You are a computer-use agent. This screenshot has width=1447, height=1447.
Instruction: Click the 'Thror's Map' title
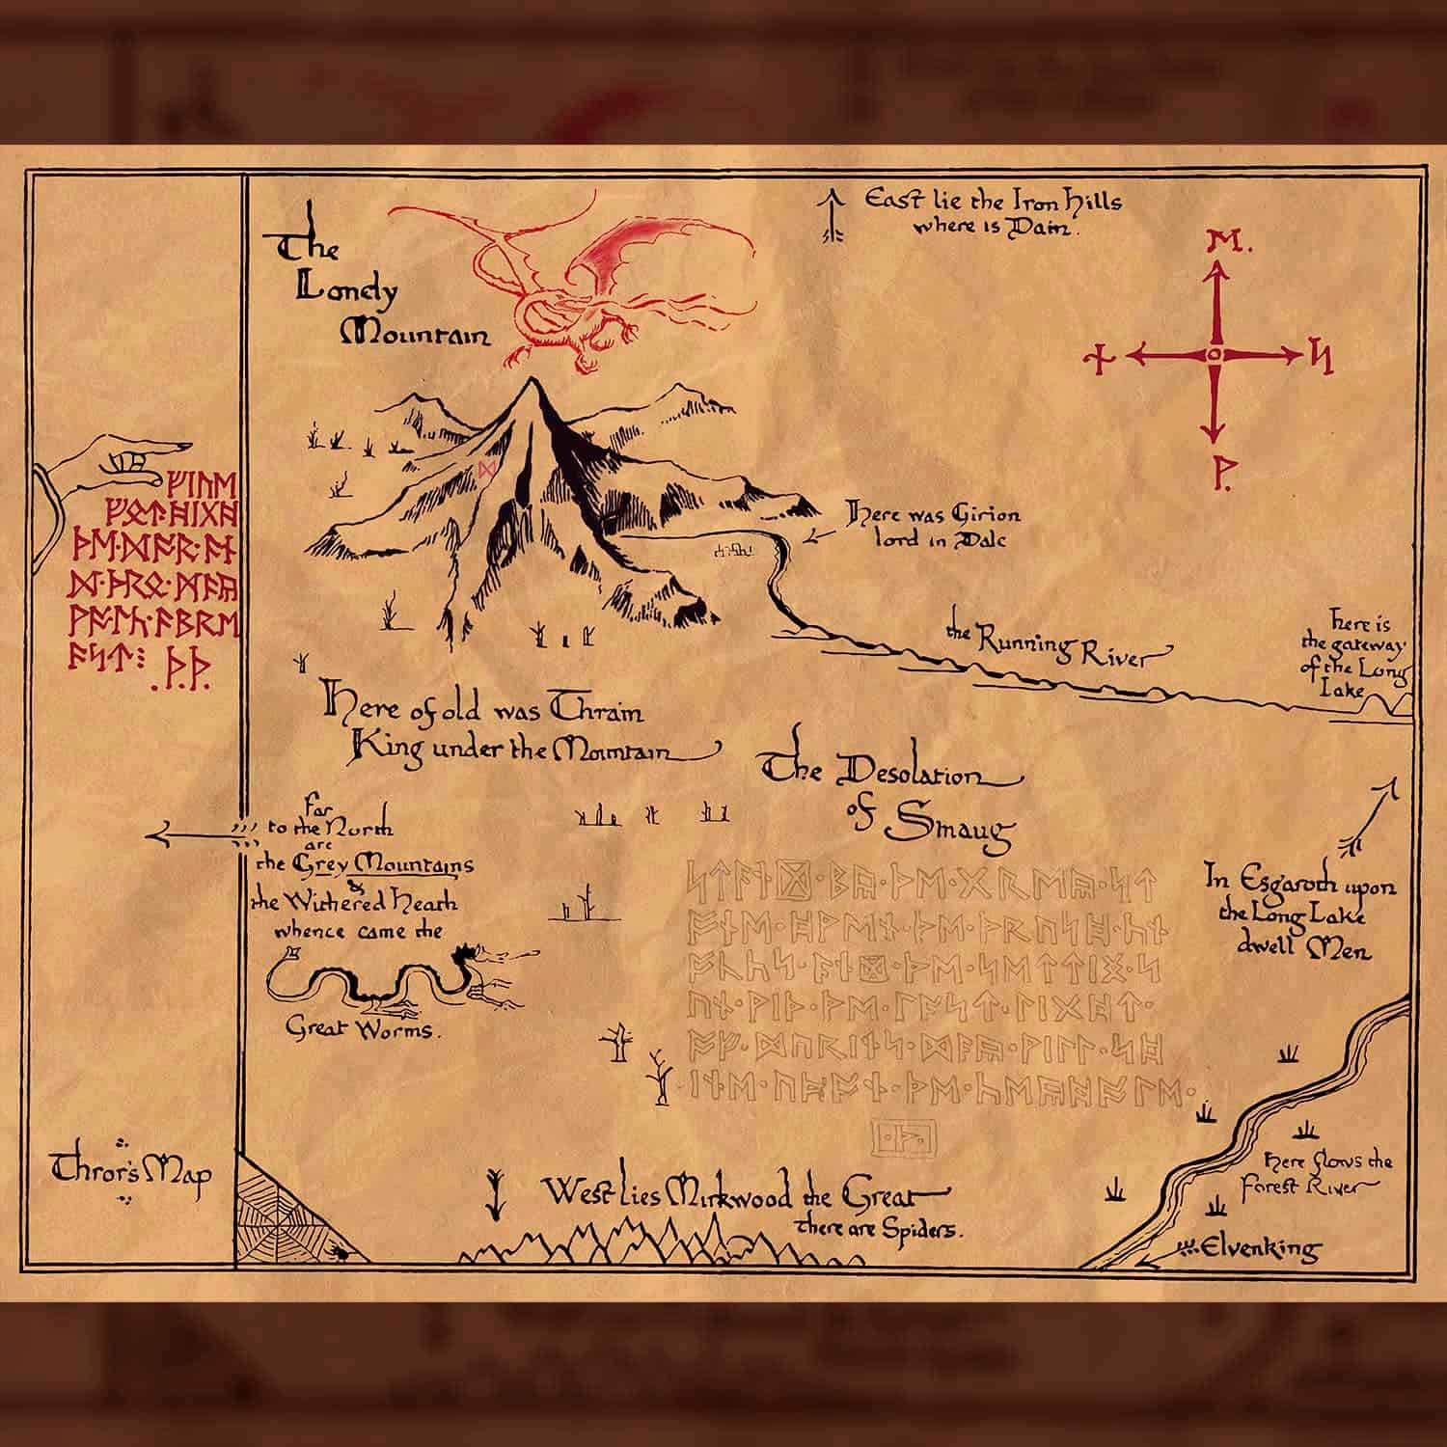(x=132, y=1173)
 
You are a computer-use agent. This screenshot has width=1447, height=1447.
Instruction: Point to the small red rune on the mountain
(x=488, y=470)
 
